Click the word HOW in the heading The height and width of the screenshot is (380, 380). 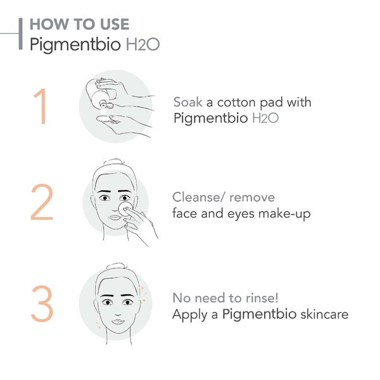[x=46, y=25]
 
